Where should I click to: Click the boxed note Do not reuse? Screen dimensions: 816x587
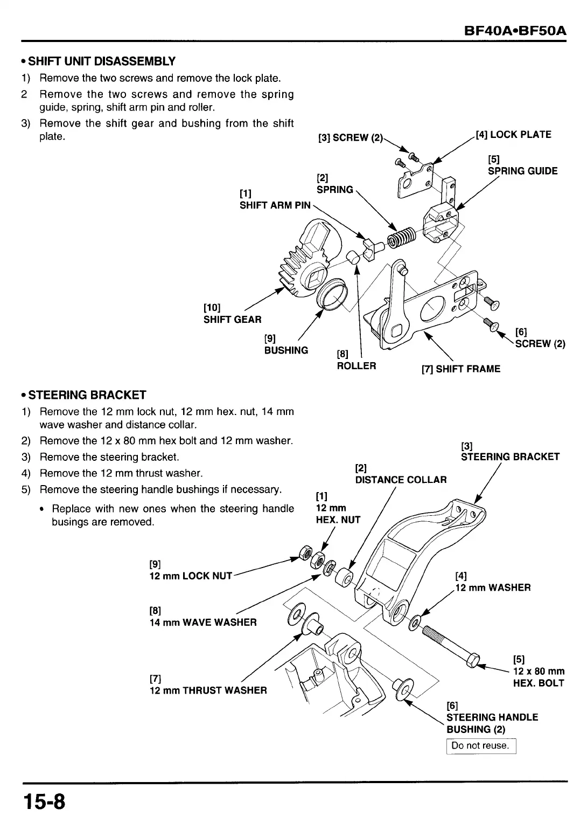click(480, 745)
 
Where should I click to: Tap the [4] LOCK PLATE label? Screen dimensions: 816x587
click(513, 135)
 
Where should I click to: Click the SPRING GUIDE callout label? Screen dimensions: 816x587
click(522, 171)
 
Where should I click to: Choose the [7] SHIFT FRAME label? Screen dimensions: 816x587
click(461, 369)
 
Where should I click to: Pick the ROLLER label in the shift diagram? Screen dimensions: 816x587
click(356, 366)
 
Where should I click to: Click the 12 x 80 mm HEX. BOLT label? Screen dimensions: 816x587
click(539, 677)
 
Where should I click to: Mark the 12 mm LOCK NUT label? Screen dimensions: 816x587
click(191, 576)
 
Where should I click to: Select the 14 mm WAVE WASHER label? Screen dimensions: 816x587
click(203, 623)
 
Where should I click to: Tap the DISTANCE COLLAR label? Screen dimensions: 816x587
click(401, 480)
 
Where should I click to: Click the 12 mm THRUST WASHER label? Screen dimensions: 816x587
click(208, 690)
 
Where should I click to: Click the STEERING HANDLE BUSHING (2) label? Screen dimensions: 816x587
click(492, 723)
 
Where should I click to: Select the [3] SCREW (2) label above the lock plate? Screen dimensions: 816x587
click(351, 137)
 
